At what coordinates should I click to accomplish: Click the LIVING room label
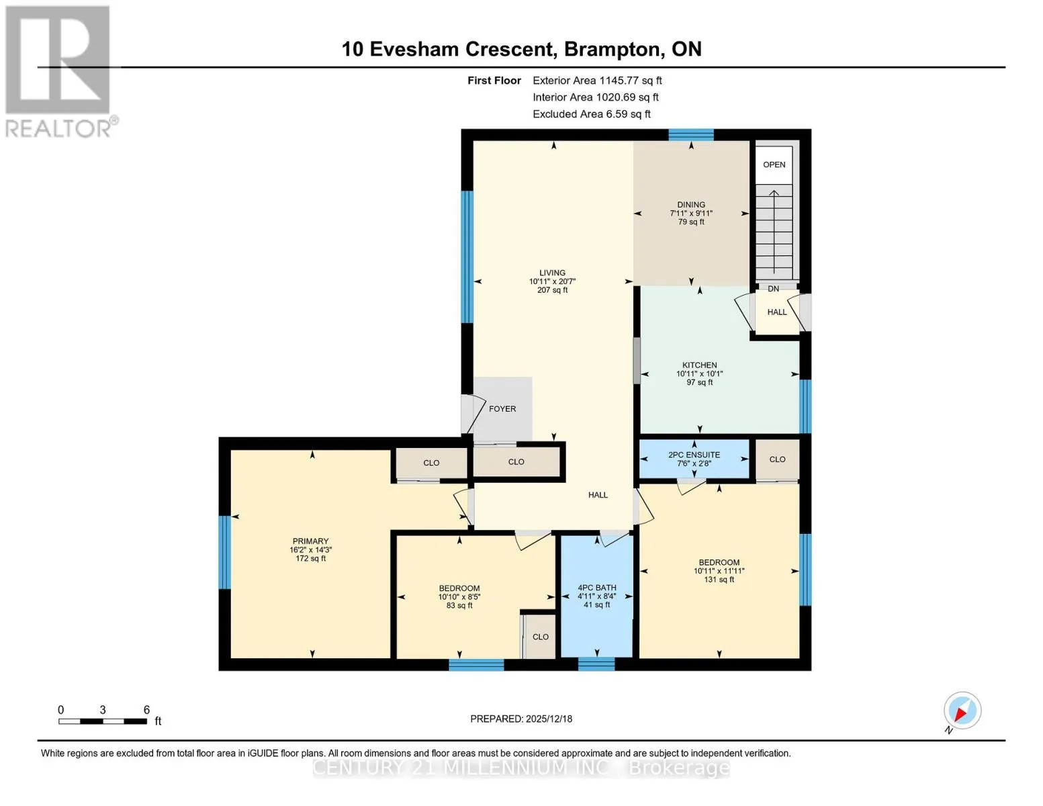coord(552,273)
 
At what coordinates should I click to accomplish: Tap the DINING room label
coord(690,204)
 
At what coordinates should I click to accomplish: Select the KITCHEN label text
coord(699,365)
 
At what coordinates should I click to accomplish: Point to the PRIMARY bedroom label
coord(310,541)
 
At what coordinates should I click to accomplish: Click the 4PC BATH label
coord(596,588)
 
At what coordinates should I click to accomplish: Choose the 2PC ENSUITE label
coord(694,455)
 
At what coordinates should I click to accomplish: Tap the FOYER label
coord(502,409)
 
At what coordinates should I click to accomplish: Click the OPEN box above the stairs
coord(774,165)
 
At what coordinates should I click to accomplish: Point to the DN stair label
coord(773,289)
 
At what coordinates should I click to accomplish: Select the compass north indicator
coord(962,711)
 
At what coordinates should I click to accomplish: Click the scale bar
coord(103,721)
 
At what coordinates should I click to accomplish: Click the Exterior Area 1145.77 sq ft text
coord(597,81)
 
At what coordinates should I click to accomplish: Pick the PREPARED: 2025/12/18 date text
coord(520,719)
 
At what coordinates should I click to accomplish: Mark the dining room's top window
coord(690,135)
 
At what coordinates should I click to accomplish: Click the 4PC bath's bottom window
coord(596,664)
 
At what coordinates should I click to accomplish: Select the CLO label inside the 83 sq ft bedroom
coord(540,637)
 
